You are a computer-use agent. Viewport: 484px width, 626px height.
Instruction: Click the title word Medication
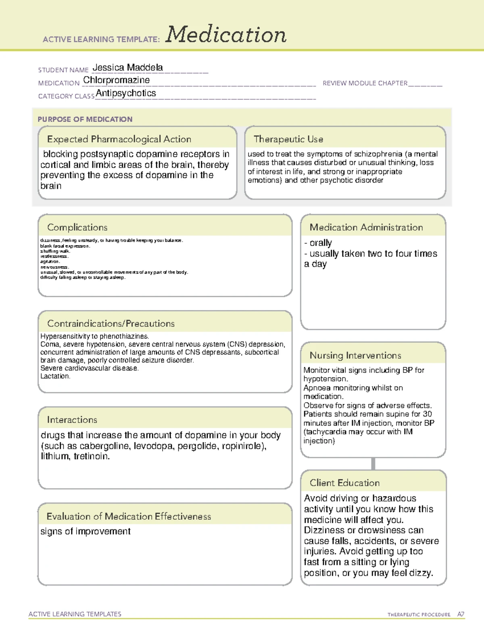[x=226, y=35]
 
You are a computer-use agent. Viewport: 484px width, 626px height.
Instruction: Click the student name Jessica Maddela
[x=127, y=67]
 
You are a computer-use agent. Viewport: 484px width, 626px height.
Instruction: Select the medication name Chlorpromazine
[x=116, y=80]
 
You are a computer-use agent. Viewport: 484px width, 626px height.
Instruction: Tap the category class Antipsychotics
[x=126, y=93]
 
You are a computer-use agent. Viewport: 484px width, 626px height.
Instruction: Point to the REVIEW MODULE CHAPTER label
[x=365, y=83]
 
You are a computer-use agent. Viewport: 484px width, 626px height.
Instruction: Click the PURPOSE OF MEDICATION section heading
[x=85, y=119]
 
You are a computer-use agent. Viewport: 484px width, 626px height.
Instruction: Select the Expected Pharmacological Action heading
[x=119, y=139]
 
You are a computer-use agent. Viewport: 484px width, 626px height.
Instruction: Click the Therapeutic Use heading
[x=288, y=139]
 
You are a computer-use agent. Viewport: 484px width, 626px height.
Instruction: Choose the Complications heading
[x=77, y=227]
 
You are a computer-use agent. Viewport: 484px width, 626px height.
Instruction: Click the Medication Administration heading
[x=366, y=227]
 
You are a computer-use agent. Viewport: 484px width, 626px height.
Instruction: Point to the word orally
[x=321, y=243]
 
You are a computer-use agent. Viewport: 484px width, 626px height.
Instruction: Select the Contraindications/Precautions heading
[x=111, y=324]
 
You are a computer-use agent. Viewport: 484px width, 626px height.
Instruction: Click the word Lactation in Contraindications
[x=55, y=376]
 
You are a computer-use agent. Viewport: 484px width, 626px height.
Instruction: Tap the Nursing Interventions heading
[x=355, y=356]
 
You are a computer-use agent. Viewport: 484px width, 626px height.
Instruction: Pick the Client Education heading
[x=344, y=483]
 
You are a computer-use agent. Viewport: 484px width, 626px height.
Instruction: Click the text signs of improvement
[x=85, y=531]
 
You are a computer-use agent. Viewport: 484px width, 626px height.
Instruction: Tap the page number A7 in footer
[x=461, y=614]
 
